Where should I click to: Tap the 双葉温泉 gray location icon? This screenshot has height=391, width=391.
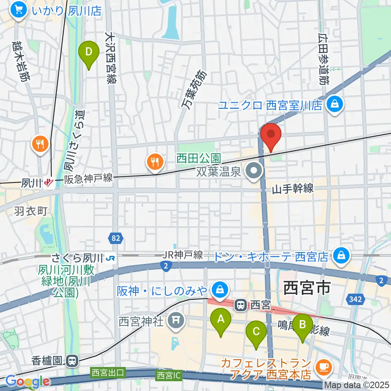coord(255,171)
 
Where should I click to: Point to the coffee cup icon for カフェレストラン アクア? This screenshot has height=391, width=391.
coord(325,367)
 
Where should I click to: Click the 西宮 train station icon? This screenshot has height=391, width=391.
coord(241,305)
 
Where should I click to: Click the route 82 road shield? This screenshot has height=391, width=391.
coord(116,237)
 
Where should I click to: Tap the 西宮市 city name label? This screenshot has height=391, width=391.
coord(306,288)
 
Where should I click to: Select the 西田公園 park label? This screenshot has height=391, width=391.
coord(199,157)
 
